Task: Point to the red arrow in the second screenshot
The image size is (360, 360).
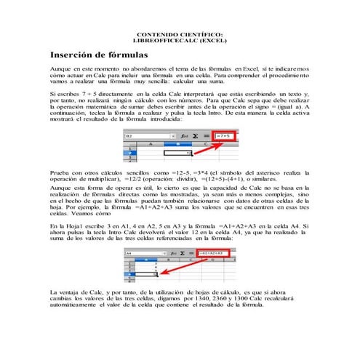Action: point(185,265)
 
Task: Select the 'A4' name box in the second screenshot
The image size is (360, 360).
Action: point(141,252)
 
